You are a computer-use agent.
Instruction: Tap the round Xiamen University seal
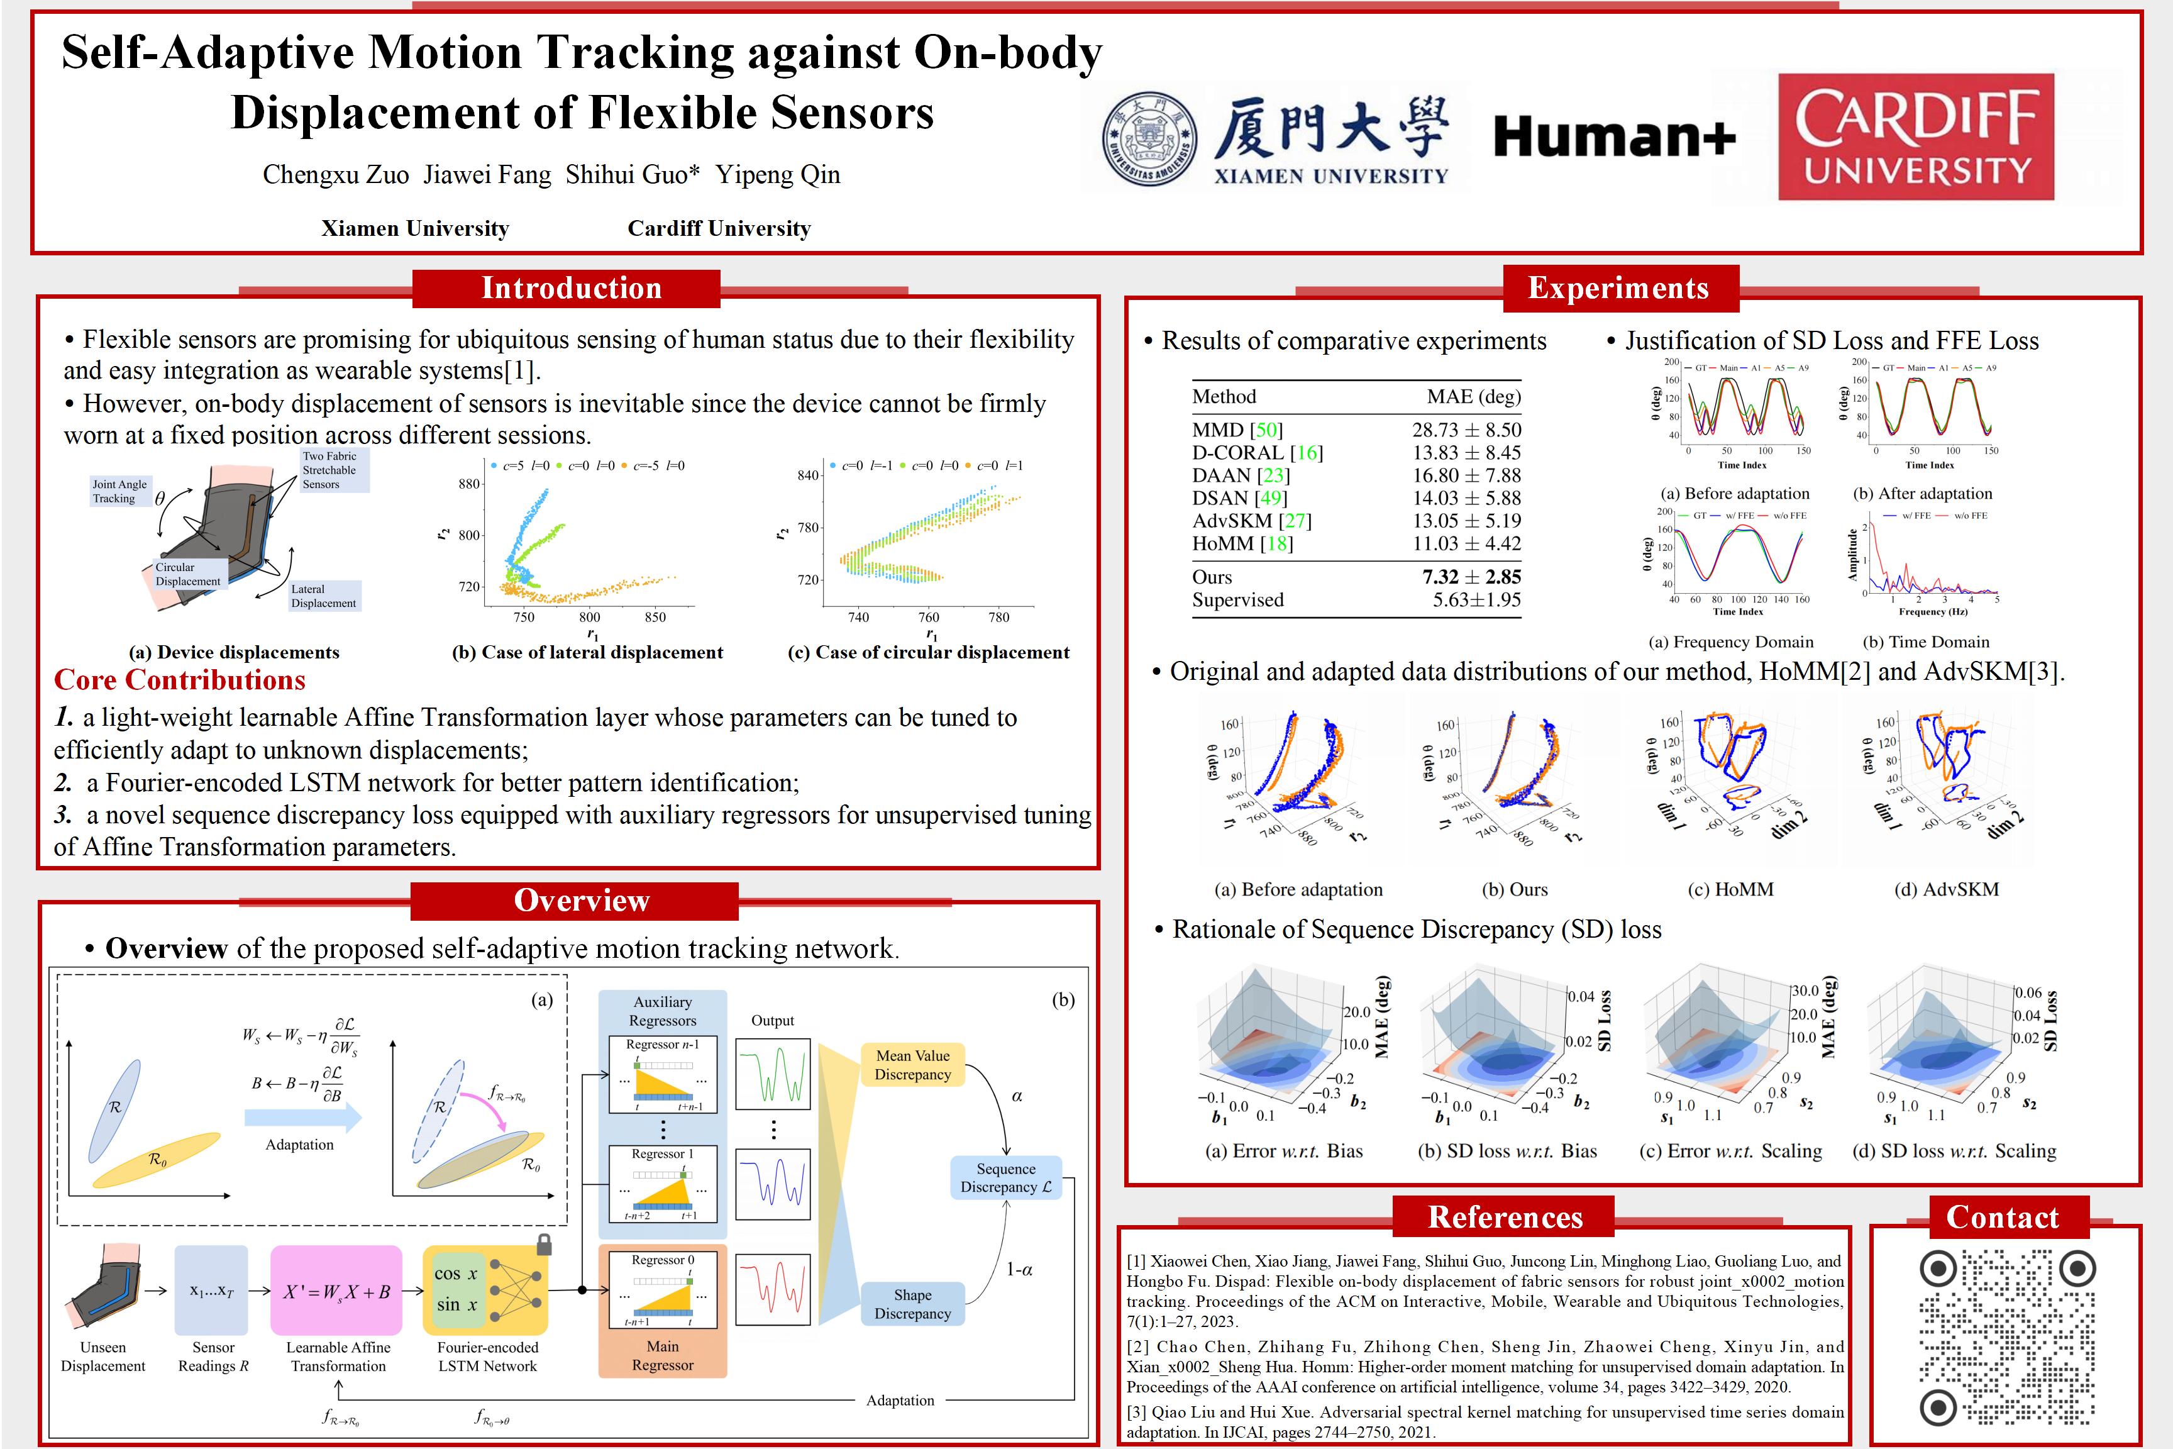pos(1149,138)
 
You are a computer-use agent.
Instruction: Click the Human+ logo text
pos(1614,136)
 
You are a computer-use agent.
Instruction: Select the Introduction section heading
pos(570,288)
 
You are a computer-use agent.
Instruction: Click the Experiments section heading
pos(1618,288)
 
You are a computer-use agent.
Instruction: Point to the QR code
pos(2007,1336)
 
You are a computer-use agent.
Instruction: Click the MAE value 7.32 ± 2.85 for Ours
pos(1471,577)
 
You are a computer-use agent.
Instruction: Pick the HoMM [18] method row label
pos(1242,543)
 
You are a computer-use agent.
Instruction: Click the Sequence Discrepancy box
pos(1005,1177)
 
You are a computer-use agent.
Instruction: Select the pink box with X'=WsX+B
pos(336,1291)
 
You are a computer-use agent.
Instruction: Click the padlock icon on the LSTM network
pos(544,1245)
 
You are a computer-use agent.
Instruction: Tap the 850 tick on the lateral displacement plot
pos(655,618)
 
